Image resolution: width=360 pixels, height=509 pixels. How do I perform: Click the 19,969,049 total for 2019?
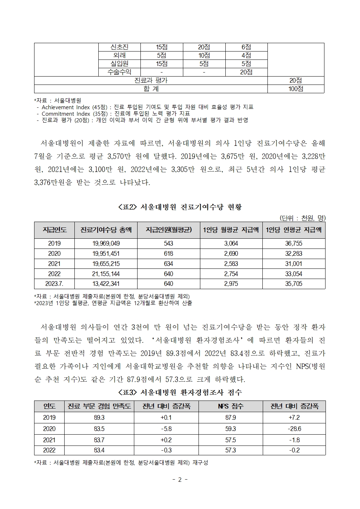[x=106, y=243]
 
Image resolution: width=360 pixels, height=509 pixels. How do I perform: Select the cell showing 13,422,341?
[x=106, y=284]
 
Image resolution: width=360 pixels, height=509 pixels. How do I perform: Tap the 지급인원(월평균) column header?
[x=168, y=230]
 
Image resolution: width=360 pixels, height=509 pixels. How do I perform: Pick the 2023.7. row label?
[x=54, y=284]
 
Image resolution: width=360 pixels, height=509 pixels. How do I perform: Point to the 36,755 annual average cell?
[x=294, y=243]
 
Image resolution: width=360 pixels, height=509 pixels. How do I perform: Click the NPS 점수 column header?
[x=230, y=406]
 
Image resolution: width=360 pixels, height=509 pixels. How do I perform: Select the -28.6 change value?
[x=294, y=429]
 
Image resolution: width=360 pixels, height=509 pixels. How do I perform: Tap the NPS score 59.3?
[x=230, y=429]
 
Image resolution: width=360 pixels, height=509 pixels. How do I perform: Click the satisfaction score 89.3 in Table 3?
[x=99, y=418]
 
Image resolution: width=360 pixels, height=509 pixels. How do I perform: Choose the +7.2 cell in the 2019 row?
[x=294, y=418]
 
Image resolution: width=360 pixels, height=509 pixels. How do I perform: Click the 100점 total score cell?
[x=296, y=89]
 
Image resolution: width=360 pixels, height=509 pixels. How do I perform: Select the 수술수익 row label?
[x=119, y=72]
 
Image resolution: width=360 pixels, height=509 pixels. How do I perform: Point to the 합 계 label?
[x=151, y=89]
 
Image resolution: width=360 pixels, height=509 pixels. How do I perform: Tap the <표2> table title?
[x=180, y=207]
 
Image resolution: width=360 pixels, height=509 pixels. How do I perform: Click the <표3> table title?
[x=180, y=392]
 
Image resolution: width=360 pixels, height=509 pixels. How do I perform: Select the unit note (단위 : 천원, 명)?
[x=302, y=218]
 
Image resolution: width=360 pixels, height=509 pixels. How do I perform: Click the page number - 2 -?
[x=180, y=480]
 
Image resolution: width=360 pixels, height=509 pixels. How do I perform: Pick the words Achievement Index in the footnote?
[x=66, y=107]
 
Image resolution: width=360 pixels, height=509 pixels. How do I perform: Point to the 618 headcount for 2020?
[x=168, y=254]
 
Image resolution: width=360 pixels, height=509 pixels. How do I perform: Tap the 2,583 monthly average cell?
[x=231, y=264]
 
